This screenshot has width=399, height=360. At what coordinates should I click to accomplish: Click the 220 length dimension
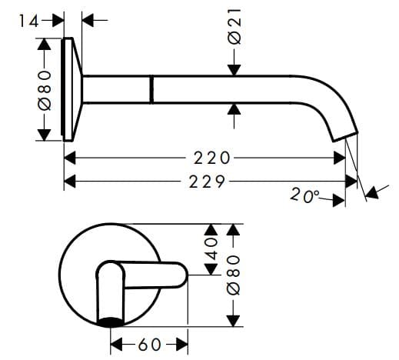coord(212,158)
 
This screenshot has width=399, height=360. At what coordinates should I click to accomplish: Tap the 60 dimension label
coord(150,344)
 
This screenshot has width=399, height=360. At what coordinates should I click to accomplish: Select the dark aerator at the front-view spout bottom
coord(111,320)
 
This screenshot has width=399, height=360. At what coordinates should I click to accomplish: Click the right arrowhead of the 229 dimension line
coord(353,182)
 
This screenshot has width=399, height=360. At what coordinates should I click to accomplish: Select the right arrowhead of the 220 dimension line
coord(341,158)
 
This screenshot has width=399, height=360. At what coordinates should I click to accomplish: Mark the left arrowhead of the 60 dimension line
coord(116,344)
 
